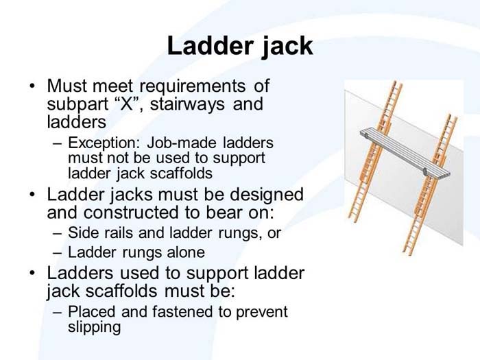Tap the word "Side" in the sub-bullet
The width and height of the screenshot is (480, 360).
(x=83, y=233)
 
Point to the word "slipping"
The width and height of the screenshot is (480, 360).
(x=94, y=327)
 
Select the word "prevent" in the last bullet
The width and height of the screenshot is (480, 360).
(x=262, y=312)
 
